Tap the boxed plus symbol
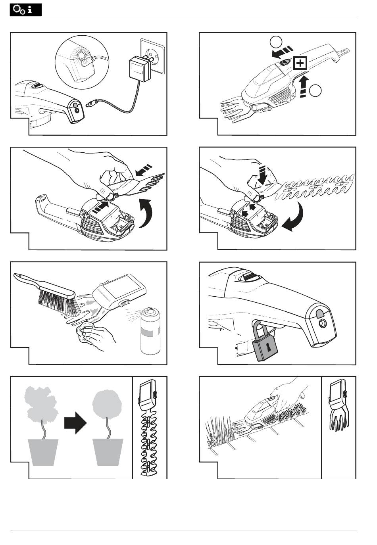tap(300, 63)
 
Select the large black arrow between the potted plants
tap(75, 424)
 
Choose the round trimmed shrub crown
tap(106, 404)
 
